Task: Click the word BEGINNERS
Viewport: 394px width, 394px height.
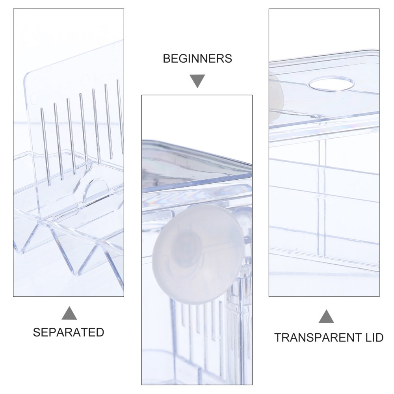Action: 197,59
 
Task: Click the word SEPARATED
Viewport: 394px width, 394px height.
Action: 68,332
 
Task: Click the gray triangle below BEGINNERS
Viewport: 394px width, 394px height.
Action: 197,81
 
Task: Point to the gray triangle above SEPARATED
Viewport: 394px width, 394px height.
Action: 69,313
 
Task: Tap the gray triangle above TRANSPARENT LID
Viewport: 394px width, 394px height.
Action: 326,316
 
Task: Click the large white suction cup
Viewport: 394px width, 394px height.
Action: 199,253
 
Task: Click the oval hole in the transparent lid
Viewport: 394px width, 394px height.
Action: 331,84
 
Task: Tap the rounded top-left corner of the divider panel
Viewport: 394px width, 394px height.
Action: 26,75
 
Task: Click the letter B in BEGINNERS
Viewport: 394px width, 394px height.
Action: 167,59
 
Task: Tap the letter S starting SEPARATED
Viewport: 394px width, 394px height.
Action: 37,332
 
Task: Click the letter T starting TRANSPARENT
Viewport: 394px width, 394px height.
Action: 278,338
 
